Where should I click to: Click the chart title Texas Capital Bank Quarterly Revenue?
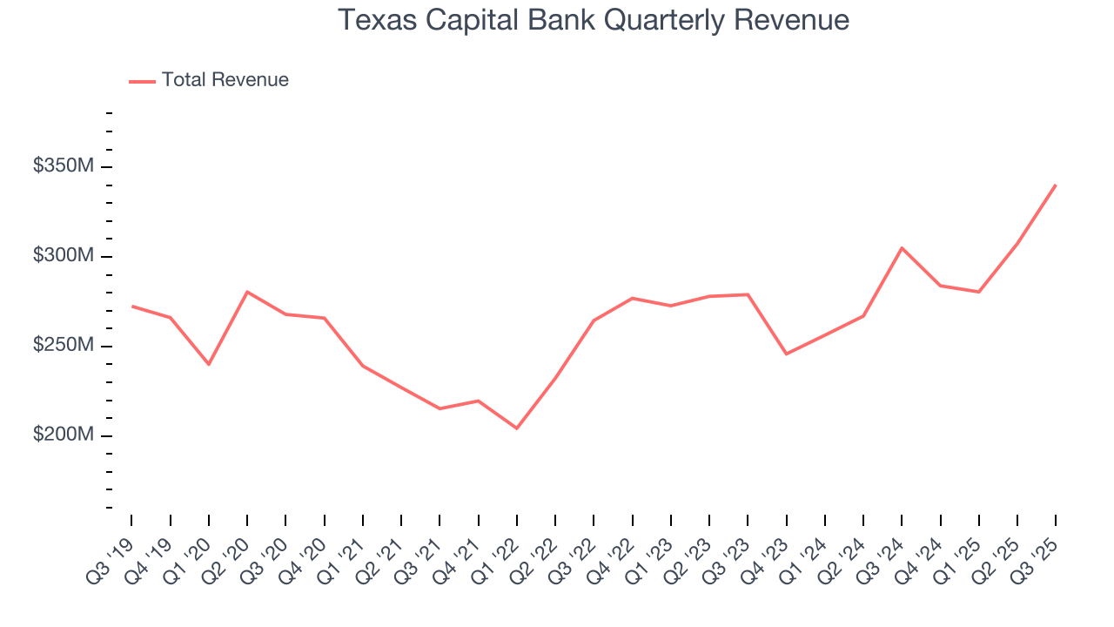tap(593, 20)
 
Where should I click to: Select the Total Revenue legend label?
tap(225, 80)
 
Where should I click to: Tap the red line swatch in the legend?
tap(142, 81)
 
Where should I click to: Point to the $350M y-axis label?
tap(62, 165)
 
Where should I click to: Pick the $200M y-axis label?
tap(62, 435)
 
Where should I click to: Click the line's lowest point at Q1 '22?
tap(517, 428)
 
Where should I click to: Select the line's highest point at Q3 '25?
tap(1056, 185)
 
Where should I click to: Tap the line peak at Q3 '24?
tap(902, 248)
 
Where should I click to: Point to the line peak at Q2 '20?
tap(247, 292)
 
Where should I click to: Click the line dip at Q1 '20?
tap(209, 364)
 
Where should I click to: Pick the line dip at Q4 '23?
tap(786, 354)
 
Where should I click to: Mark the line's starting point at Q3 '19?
tap(132, 307)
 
